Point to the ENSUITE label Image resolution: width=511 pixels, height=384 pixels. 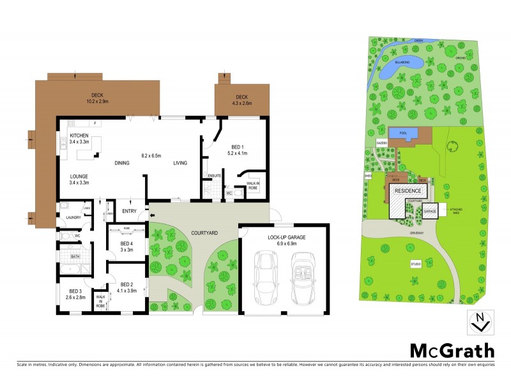coord(215,176)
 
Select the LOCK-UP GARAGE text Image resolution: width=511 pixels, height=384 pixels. coord(284,237)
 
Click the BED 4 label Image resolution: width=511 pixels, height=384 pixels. coord(128,243)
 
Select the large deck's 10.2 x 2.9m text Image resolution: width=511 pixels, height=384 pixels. coord(98,101)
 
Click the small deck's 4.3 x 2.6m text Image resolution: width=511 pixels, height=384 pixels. coord(241,102)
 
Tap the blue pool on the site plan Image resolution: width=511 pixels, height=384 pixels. coord(402,134)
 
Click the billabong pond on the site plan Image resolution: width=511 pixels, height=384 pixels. coord(400,64)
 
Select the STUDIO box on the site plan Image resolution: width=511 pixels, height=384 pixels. coord(416,264)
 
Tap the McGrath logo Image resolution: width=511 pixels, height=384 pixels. coord(452,350)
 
